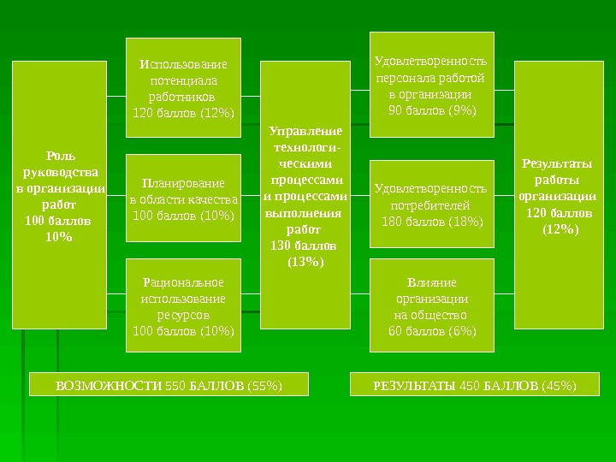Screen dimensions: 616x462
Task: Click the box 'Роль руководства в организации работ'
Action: tap(59, 195)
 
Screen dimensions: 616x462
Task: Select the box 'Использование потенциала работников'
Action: tap(183, 87)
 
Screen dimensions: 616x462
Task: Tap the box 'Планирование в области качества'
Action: tap(183, 199)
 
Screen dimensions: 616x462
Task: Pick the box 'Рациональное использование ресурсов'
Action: tap(183, 305)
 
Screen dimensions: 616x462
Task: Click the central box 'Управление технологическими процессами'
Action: tap(305, 195)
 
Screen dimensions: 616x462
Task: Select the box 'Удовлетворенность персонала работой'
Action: tap(432, 85)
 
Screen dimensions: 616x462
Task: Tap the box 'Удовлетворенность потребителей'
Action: tap(432, 204)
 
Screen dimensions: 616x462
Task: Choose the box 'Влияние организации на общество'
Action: tap(432, 305)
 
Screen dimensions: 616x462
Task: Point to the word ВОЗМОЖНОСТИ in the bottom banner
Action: tap(108, 386)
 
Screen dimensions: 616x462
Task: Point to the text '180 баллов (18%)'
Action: tap(432, 222)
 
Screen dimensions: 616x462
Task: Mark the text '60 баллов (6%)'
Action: tap(432, 330)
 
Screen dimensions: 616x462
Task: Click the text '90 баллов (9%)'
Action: tap(432, 110)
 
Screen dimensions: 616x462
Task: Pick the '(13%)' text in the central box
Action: tap(305, 261)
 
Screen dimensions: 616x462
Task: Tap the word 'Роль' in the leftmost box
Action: tap(60, 156)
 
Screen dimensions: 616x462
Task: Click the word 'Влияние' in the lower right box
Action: tap(432, 282)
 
